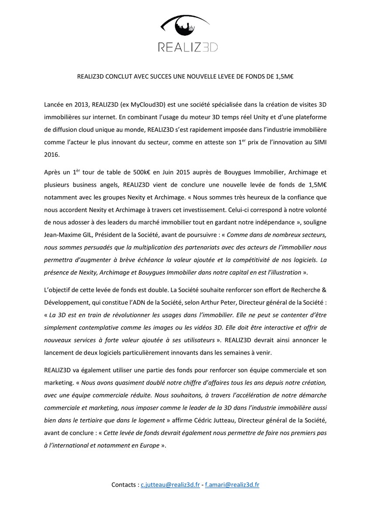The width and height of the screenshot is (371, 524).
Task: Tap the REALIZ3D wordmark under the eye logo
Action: point(188,47)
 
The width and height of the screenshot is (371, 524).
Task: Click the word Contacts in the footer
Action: point(124,485)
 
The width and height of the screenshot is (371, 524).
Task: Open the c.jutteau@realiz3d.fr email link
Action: point(170,485)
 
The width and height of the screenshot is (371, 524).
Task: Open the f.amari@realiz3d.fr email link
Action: point(232,485)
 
